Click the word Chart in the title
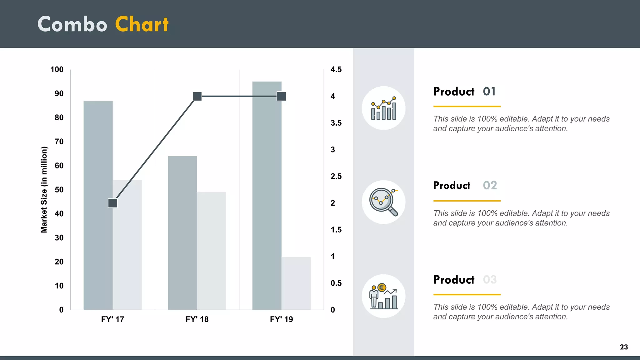click(142, 24)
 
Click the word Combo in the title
click(72, 24)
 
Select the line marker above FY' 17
click(112, 203)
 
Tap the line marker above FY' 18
click(197, 96)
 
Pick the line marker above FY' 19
click(282, 96)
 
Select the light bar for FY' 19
click(296, 283)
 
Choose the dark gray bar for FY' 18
click(182, 233)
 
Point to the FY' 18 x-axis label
click(197, 319)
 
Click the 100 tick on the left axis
click(57, 70)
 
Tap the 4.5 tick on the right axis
click(336, 70)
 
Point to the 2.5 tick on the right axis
click(336, 177)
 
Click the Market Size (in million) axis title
click(44, 190)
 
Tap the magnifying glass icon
click(383, 202)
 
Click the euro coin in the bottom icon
click(382, 287)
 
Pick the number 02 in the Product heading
click(490, 186)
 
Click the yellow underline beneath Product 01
click(467, 107)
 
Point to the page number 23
click(624, 347)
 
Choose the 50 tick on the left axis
click(59, 190)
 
